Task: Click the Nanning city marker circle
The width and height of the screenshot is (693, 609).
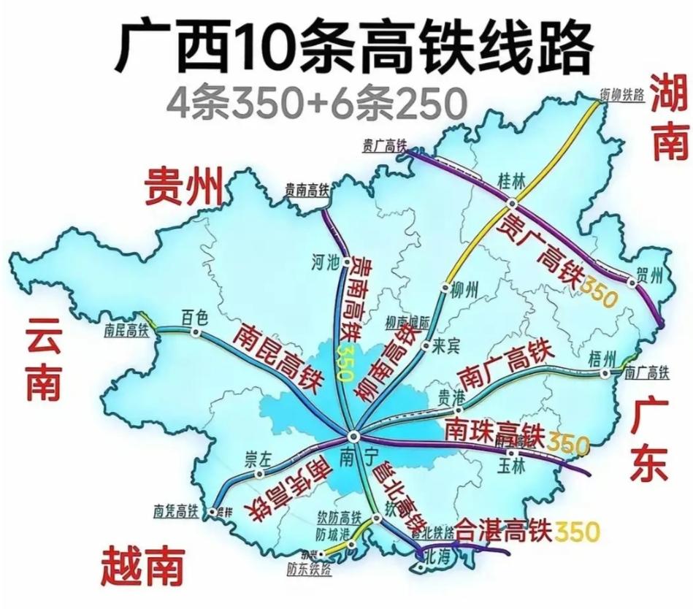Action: click(x=353, y=435)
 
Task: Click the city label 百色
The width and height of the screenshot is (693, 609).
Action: click(x=195, y=317)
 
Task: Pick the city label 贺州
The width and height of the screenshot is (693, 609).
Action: click(x=649, y=275)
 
